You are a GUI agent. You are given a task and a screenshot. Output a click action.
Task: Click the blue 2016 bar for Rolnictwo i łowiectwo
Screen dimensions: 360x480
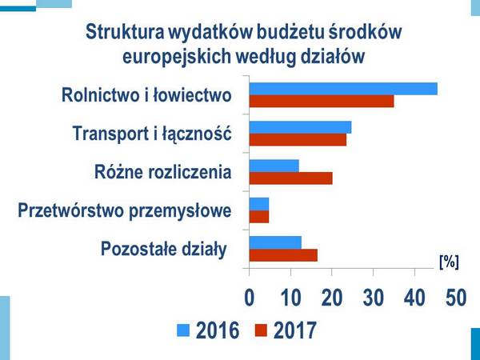[343, 89]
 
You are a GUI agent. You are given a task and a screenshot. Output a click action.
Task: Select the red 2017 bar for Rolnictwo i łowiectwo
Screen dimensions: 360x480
[322, 102]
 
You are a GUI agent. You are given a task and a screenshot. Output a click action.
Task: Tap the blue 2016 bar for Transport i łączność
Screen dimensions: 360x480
[300, 127]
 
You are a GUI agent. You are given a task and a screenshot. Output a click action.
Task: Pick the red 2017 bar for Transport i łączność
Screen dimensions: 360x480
[298, 140]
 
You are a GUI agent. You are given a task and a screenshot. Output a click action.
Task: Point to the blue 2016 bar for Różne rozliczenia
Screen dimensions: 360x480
[274, 166]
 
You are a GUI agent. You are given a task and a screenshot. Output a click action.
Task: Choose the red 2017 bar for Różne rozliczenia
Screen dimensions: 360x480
[290, 178]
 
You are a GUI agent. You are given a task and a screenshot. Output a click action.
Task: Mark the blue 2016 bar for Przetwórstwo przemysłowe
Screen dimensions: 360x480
[259, 204]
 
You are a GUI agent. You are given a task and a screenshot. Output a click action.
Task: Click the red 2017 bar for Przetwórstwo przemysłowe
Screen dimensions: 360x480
[259, 217]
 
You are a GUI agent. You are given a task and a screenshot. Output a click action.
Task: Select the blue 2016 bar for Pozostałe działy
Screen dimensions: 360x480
[275, 242]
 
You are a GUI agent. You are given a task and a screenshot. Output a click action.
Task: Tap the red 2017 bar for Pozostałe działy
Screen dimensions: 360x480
[283, 255]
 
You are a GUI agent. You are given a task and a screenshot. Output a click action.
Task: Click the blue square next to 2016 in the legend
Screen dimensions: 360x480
[183, 329]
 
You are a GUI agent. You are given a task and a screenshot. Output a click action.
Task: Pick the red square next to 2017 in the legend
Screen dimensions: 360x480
[261, 329]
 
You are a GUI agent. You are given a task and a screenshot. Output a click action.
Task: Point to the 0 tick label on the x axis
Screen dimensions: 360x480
[249, 297]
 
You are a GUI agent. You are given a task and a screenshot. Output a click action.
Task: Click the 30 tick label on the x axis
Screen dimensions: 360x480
[373, 297]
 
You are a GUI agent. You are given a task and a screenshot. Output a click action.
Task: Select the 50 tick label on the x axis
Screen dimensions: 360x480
[455, 297]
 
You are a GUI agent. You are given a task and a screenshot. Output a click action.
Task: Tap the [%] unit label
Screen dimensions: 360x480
[450, 261]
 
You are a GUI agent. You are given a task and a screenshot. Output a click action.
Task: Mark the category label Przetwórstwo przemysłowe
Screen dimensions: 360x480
[125, 211]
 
